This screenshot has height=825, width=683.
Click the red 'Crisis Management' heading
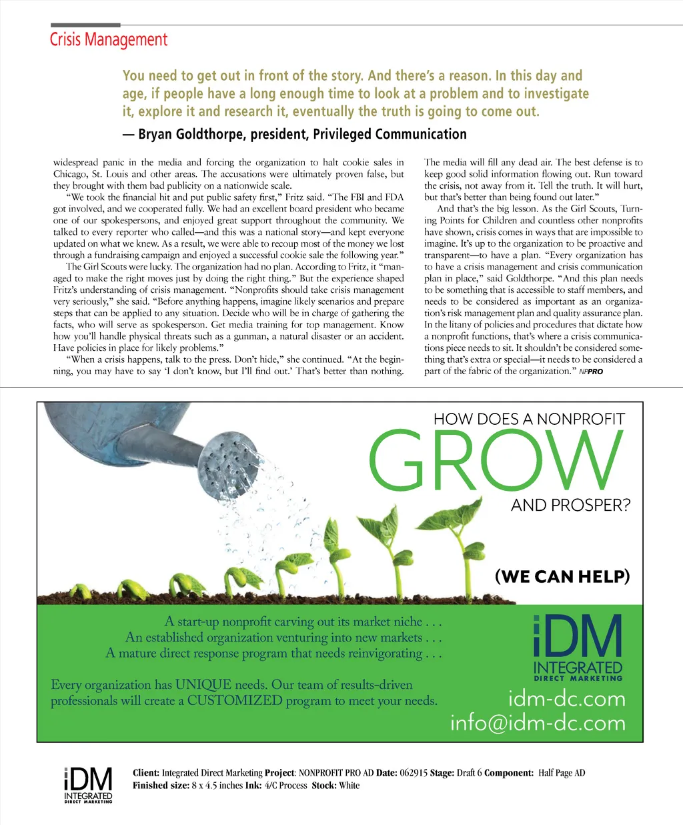point(109,40)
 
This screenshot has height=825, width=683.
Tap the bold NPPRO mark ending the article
point(591,371)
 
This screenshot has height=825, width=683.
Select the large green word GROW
point(496,460)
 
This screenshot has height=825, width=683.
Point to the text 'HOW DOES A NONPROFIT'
point(529,420)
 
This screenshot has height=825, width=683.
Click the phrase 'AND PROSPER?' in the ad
point(570,506)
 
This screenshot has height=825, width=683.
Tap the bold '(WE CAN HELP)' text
point(562,576)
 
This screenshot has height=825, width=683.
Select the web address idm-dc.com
point(567,699)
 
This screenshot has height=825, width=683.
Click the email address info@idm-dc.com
point(538,723)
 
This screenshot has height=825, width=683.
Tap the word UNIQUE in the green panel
point(203,685)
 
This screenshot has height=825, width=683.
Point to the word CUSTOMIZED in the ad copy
point(235,701)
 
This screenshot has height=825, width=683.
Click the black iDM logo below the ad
point(88,784)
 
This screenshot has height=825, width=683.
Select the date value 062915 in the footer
point(413,773)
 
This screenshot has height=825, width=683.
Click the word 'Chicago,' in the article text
point(70,174)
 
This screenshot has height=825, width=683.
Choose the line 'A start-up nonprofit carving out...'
point(303,622)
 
